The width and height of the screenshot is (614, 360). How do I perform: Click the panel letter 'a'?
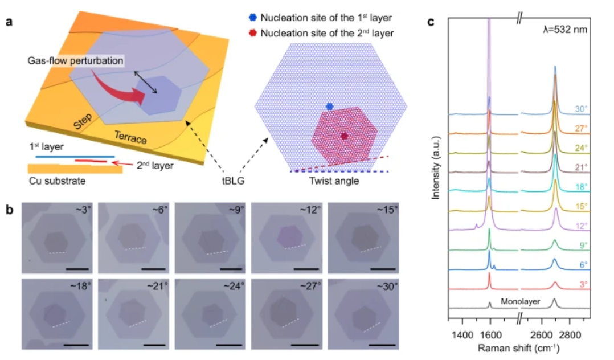coord(10,23)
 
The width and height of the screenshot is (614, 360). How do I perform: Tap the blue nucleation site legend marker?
coord(253,18)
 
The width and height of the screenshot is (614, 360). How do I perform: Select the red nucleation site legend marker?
coord(253,33)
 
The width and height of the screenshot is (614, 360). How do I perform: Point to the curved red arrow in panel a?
coord(117,89)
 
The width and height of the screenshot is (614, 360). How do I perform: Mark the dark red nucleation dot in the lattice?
coord(345,136)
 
